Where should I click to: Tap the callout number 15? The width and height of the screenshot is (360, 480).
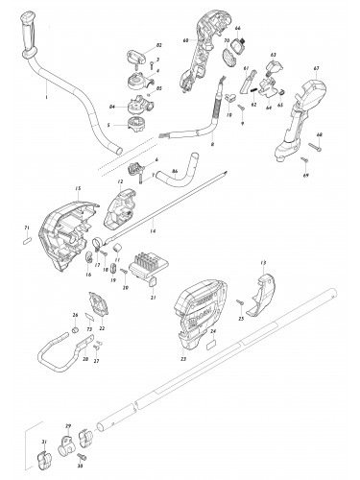(x=64, y=190)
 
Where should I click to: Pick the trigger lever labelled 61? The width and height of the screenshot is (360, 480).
(x=243, y=81)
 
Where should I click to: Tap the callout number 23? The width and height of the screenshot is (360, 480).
(x=181, y=358)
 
